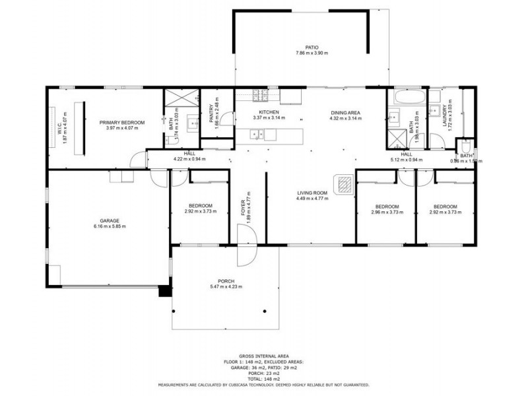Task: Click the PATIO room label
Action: coord(312,48)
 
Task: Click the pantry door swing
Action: coord(226,119)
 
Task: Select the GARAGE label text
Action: coord(109,221)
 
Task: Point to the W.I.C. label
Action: coord(59,123)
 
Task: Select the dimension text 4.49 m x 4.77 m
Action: coord(312,199)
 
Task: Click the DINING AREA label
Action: coord(346,112)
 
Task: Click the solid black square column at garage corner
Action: coord(165,290)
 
